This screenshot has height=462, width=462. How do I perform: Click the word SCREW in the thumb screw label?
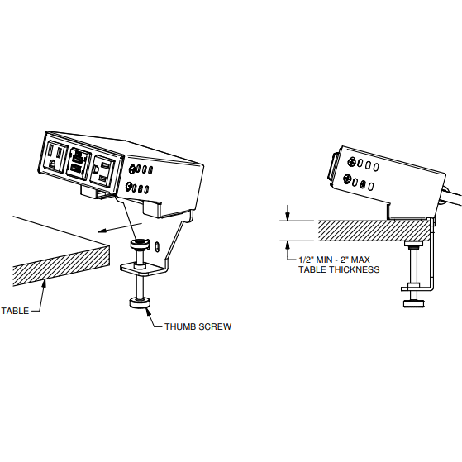pos(215,326)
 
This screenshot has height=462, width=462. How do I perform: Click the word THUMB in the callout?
pos(180,326)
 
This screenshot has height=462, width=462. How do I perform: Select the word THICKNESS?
pos(355,269)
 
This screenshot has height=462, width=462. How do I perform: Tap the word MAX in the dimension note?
pos(360,260)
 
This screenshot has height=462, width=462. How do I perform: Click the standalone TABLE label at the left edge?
pos(15,311)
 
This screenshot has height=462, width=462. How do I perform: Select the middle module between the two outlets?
pos(77,164)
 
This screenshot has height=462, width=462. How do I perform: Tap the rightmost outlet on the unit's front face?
pos(102,171)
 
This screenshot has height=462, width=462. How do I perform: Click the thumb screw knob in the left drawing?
pos(141,303)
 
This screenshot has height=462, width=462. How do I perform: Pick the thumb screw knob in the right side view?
pos(413,303)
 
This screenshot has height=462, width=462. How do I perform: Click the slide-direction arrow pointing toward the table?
pos(120,227)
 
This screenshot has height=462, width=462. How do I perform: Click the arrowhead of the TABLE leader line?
pos(45,283)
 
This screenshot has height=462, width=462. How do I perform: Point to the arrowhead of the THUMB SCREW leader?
pos(149,311)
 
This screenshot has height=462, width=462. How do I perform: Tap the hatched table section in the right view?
pos(373,231)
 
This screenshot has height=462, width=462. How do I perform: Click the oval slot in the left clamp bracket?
pos(158,246)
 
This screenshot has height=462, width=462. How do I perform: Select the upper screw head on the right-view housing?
pos(351,162)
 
